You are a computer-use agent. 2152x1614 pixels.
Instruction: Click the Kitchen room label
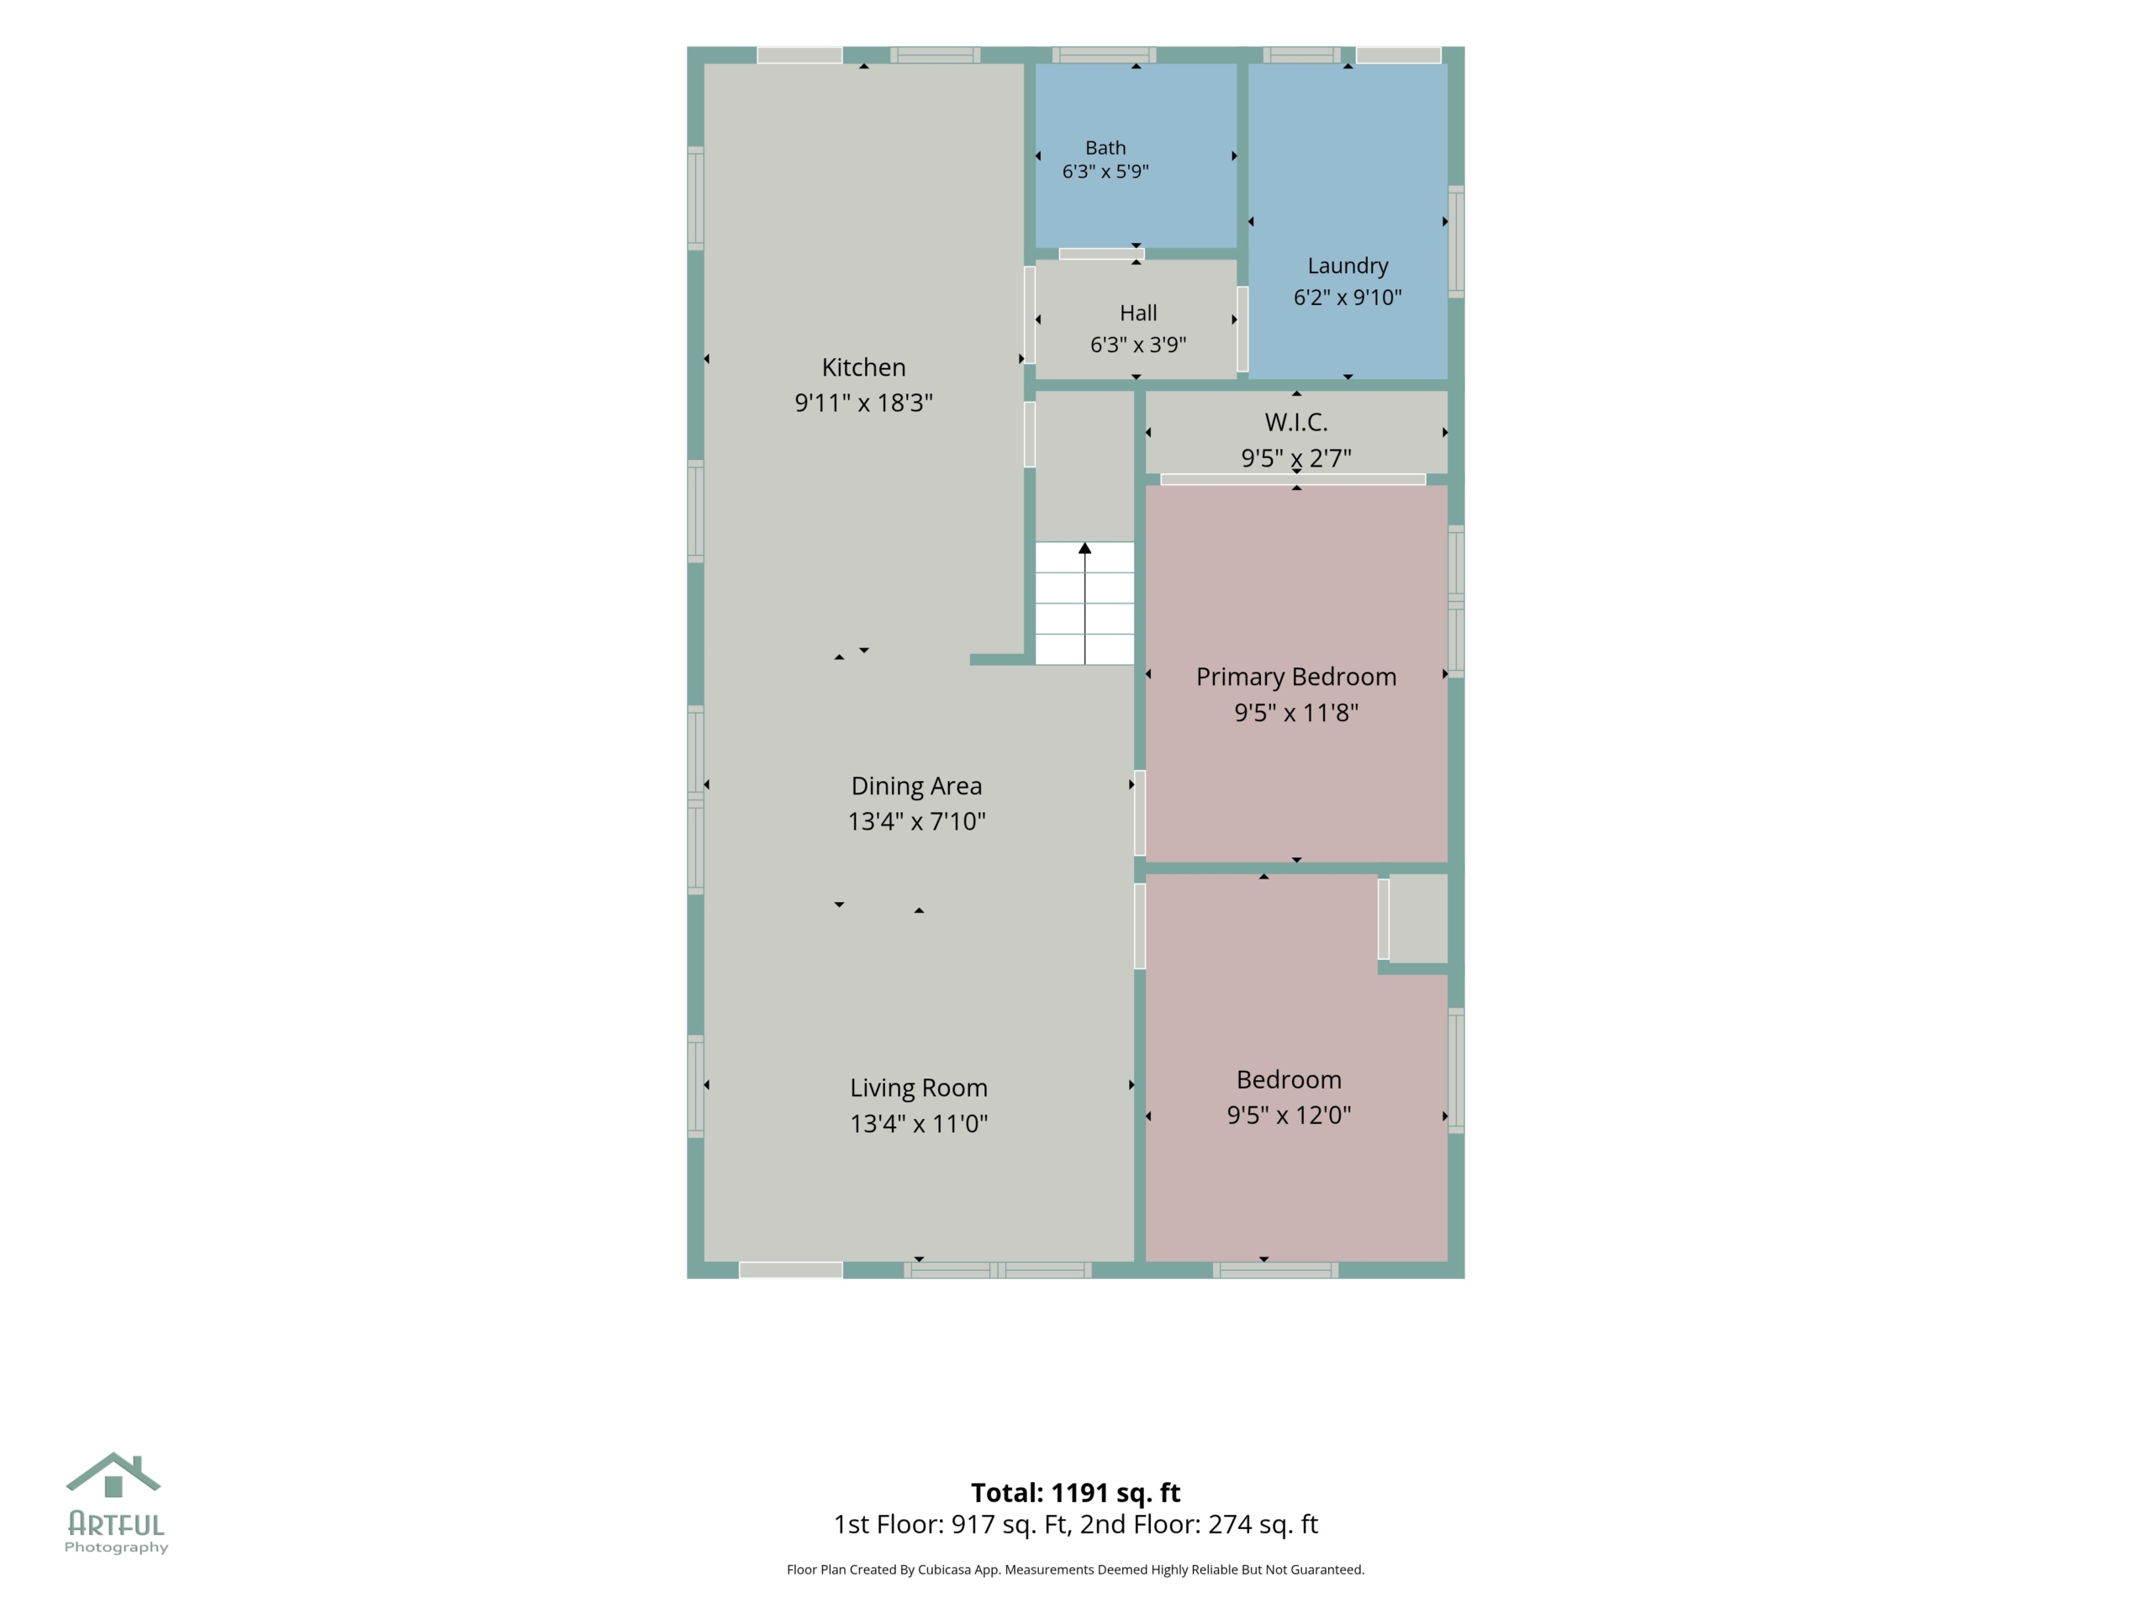(x=863, y=367)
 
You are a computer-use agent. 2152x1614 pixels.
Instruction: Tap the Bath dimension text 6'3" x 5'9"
(x=1105, y=171)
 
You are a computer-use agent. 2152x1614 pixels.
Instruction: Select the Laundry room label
(x=1348, y=266)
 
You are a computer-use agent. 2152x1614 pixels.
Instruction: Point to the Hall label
(x=1138, y=313)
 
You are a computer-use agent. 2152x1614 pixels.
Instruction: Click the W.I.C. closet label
(x=1296, y=422)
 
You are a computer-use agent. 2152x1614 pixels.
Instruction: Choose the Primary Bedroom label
(x=1296, y=677)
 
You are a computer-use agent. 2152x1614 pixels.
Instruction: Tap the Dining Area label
(x=916, y=786)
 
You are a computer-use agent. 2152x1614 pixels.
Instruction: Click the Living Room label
(x=919, y=1088)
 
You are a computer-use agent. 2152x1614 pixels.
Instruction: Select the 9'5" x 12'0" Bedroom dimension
(x=1288, y=1115)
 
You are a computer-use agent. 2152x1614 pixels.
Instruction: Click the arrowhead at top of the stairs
(x=1084, y=549)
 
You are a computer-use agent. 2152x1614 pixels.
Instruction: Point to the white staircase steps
(x=1084, y=604)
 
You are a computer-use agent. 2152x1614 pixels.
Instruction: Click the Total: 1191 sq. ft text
(x=1075, y=1492)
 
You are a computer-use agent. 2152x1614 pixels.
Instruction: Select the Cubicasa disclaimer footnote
(x=1075, y=1569)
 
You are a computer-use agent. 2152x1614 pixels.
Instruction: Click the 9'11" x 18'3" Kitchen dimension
(x=863, y=403)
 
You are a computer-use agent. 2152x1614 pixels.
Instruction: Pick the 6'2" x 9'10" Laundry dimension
(x=1348, y=298)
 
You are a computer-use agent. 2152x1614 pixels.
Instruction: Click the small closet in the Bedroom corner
(x=1417, y=919)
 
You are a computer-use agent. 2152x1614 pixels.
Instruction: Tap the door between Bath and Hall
(x=1101, y=254)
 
